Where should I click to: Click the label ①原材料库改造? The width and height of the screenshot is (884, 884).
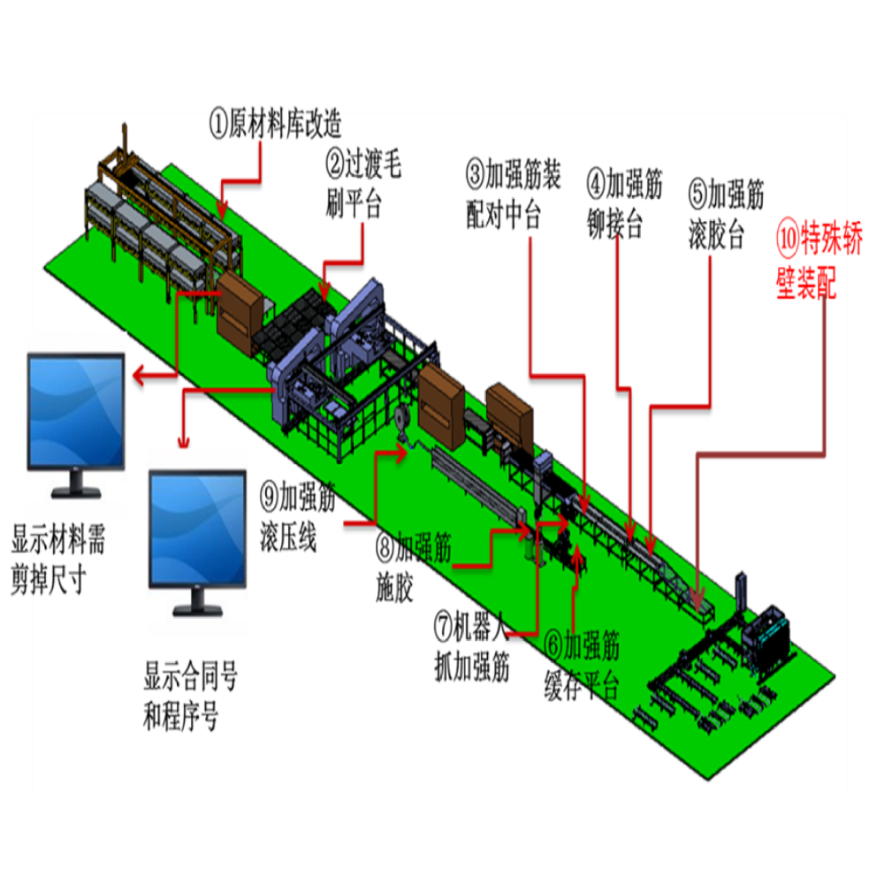pos(275,123)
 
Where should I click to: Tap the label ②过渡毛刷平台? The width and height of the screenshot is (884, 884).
pos(363,183)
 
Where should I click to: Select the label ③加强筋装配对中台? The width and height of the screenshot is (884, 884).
pos(514,194)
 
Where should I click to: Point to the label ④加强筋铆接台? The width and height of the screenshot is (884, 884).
pos(625,204)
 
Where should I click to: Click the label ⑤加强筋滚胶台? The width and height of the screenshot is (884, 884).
pos(726,214)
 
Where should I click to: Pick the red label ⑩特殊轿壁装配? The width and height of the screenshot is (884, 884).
pos(819,259)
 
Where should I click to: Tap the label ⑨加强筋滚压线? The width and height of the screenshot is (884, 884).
pos(298,516)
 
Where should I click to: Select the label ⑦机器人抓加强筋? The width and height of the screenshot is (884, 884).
pos(472,647)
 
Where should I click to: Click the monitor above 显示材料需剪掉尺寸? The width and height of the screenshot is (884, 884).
pos(76,425)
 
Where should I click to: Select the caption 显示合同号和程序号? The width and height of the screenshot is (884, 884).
pos(191,696)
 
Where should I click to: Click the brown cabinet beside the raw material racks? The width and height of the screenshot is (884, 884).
pos(238,314)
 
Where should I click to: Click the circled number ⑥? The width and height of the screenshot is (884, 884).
pos(553,645)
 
